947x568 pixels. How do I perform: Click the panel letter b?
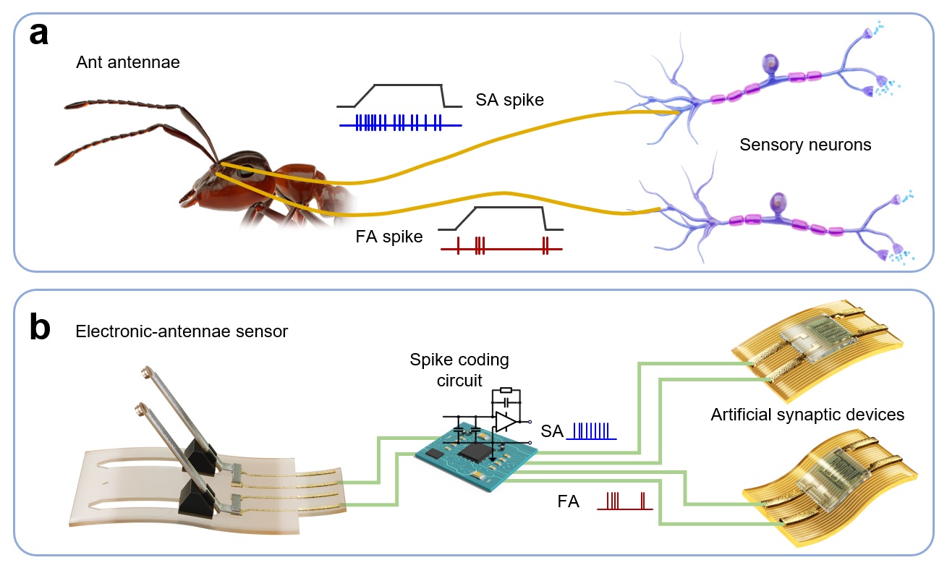click(x=40, y=327)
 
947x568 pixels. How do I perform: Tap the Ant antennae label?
click(x=128, y=63)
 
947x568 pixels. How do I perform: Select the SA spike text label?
click(x=509, y=100)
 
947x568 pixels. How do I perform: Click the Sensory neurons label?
click(x=805, y=145)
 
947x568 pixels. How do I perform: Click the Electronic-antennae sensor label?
click(x=182, y=332)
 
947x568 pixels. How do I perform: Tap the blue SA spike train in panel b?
click(x=592, y=431)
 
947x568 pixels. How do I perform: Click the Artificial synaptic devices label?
click(x=807, y=415)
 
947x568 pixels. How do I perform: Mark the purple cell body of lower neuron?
click(x=778, y=200)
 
